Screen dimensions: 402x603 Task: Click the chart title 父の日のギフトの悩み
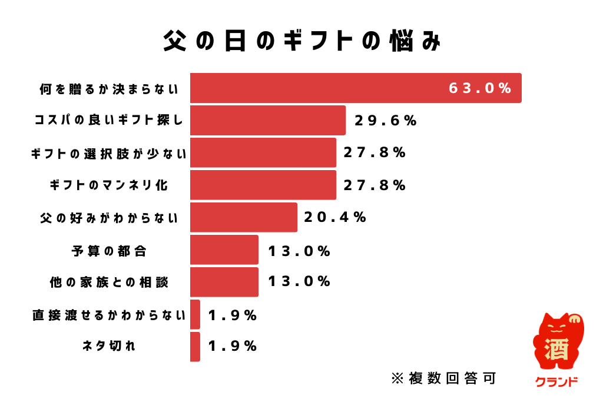pyautogui.click(x=301, y=42)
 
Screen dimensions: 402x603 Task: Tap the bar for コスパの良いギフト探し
pyautogui.click(x=267, y=121)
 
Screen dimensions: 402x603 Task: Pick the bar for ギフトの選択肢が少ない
pyautogui.click(x=263, y=153)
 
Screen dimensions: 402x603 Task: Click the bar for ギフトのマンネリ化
pyautogui.click(x=263, y=185)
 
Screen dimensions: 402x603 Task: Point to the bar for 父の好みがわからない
pyautogui.click(x=243, y=218)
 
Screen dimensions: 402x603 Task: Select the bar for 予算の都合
pyautogui.click(x=224, y=250)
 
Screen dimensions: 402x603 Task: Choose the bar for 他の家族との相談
pyautogui.click(x=224, y=282)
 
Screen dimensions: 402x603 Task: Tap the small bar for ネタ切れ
pyautogui.click(x=195, y=347)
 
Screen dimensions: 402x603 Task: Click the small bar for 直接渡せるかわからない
pyautogui.click(x=195, y=314)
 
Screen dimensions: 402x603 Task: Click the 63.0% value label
pyautogui.click(x=480, y=88)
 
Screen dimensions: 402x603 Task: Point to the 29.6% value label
pyautogui.click(x=386, y=121)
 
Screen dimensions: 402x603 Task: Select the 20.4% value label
pyautogui.click(x=335, y=217)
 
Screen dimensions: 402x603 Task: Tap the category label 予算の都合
pyautogui.click(x=109, y=250)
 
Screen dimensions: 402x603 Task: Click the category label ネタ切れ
pyautogui.click(x=109, y=347)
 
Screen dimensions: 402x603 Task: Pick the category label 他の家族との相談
pyautogui.click(x=109, y=283)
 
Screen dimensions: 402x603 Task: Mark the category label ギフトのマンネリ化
pyautogui.click(x=109, y=185)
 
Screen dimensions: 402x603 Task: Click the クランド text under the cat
pyautogui.click(x=556, y=382)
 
